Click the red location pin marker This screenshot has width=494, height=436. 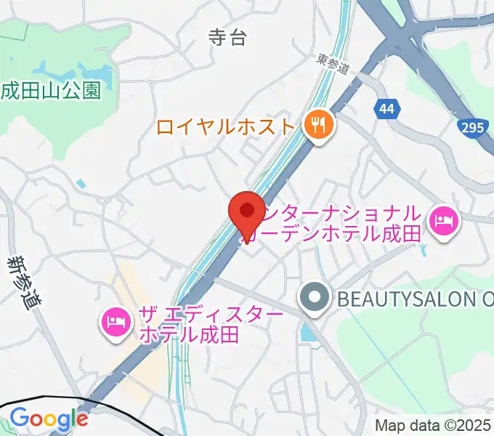tap(246, 212)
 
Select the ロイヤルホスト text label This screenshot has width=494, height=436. tap(227, 127)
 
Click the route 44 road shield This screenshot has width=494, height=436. tap(387, 110)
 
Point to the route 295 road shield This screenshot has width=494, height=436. tap(471, 129)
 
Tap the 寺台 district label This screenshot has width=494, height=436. tap(227, 37)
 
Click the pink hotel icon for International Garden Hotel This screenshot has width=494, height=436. tap(442, 220)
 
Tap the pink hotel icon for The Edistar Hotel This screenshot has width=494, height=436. tap(116, 320)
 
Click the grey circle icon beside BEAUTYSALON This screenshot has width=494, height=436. tap(315, 297)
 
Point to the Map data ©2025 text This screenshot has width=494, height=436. tap(433, 425)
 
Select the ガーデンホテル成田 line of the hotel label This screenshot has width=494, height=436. tap(341, 234)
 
